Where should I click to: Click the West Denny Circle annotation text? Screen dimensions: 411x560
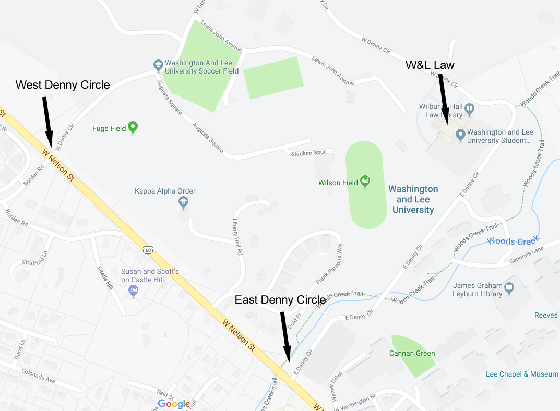click(63, 85)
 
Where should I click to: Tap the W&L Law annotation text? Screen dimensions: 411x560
click(430, 65)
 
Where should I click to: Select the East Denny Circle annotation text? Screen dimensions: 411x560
click(280, 300)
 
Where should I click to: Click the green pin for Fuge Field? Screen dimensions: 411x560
click(133, 127)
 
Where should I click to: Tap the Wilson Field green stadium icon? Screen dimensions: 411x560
click(366, 181)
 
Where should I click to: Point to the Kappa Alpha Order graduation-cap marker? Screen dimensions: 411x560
click(183, 202)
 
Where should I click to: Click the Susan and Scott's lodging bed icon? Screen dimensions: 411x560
click(134, 290)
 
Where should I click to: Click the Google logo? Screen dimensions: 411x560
click(174, 404)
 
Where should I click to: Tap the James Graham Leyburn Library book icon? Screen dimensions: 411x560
click(509, 287)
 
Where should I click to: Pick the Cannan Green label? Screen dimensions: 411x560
click(412, 354)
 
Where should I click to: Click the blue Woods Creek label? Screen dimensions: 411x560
click(512, 241)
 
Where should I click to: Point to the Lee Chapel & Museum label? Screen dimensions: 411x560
click(522, 374)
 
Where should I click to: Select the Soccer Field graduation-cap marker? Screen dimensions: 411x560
click(158, 65)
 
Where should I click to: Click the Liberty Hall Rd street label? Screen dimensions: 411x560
click(237, 236)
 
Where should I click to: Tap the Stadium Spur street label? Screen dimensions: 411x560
click(308, 153)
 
